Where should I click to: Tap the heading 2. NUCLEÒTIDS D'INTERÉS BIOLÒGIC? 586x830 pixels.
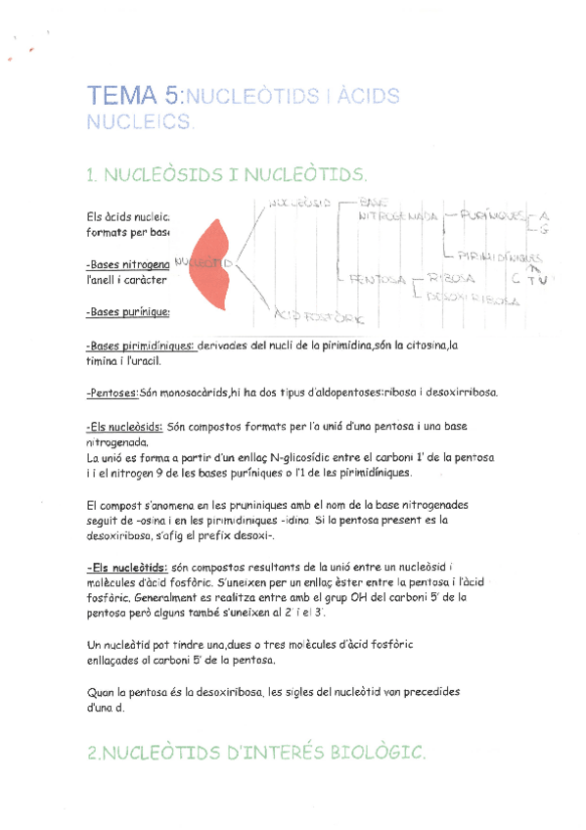point(255,752)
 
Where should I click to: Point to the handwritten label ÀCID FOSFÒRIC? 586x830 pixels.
point(321,316)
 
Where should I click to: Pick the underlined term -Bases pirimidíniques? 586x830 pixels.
point(141,346)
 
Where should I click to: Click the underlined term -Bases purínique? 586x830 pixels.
point(127,312)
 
